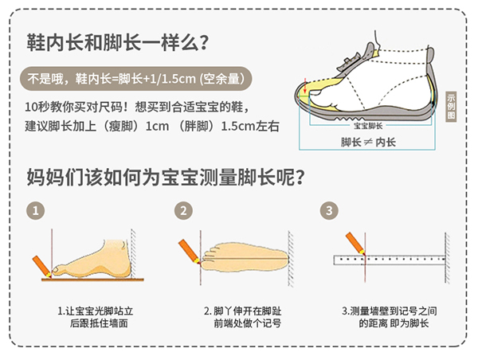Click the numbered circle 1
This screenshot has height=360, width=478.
point(35,210)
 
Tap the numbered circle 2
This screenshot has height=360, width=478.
point(183,210)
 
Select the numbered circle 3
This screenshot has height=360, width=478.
point(329,210)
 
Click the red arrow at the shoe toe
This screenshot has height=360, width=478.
point(305,86)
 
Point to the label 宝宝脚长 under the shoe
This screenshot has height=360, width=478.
point(368,126)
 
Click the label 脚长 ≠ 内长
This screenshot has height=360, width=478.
point(368,142)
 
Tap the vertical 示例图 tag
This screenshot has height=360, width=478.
point(451,107)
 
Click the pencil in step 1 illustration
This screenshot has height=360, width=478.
point(41,267)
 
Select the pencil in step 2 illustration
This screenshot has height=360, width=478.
point(189,252)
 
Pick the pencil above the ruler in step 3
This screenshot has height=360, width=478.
point(355,243)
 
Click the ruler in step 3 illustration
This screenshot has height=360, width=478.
point(390,260)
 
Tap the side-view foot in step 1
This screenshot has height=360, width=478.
point(92,260)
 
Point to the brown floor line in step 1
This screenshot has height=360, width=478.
point(92,280)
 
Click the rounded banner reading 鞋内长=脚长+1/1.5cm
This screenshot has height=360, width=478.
point(136,79)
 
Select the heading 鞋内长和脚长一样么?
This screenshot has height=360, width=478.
point(117,42)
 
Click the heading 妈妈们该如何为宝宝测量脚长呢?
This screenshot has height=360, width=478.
point(166,177)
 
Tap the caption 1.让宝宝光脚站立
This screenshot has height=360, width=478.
point(96,311)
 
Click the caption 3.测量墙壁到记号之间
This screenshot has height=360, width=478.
point(390,311)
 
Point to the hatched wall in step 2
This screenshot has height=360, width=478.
point(291,259)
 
